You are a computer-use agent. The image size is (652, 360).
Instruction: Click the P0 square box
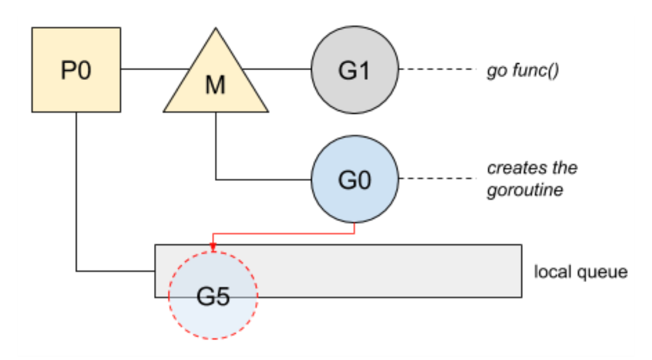[76, 70]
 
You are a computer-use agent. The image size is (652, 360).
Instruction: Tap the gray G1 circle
[355, 69]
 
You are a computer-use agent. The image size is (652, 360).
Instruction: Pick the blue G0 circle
[355, 179]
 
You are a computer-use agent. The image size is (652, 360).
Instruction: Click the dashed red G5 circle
[213, 295]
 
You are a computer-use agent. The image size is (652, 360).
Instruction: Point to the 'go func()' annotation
[523, 71]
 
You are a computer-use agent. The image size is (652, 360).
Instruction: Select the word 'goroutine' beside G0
[525, 191]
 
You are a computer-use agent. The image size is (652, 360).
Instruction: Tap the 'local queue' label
[581, 272]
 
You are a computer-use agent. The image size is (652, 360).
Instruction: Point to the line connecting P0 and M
[156, 69]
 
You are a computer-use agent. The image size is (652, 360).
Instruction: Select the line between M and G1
[276, 69]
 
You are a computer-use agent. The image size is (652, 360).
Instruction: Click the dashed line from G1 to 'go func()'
[438, 69]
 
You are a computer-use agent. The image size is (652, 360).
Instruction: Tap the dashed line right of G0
[438, 178]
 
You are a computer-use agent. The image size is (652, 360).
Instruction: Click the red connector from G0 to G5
[284, 233]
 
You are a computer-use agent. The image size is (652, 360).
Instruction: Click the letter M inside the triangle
[216, 85]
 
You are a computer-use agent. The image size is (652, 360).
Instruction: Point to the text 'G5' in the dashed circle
[214, 296]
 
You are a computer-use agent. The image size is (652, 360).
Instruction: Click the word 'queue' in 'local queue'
[602, 273]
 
